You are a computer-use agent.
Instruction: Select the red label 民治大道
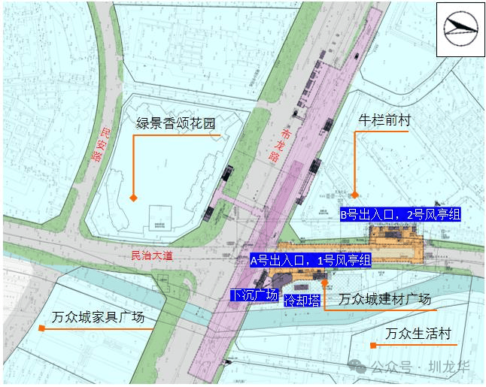pos(152,255)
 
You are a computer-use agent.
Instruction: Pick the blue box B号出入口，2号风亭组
pos(399,215)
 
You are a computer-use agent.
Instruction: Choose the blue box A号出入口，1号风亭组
pos(311,261)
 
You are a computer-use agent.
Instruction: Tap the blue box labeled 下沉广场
pos(254,295)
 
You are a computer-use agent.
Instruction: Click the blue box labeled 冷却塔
pos(302,300)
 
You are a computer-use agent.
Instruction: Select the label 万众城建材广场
pos(384,299)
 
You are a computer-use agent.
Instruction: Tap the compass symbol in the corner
pos(460,29)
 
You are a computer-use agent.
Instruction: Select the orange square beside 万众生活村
pos(372,345)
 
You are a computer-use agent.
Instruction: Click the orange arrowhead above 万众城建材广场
pos(323,283)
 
